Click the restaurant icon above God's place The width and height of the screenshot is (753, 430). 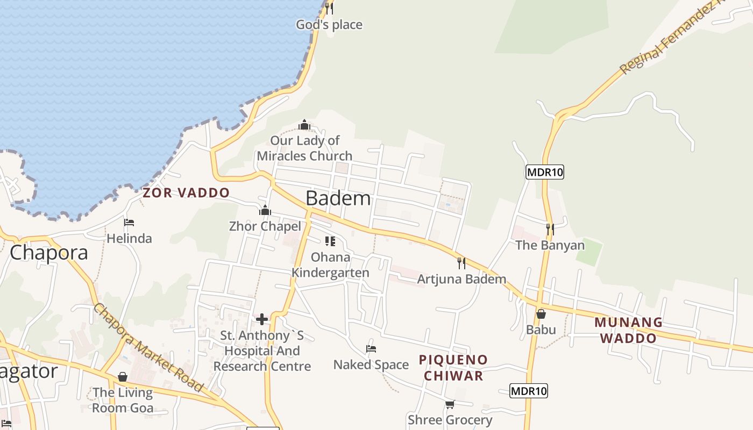(329, 8)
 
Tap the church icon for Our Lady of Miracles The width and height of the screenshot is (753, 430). (304, 125)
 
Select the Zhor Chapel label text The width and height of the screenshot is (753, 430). (265, 226)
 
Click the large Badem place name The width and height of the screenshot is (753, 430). (338, 198)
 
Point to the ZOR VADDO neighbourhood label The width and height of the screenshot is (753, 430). (186, 192)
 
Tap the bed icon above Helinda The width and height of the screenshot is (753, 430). (129, 223)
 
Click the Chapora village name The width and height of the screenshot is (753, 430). (49, 252)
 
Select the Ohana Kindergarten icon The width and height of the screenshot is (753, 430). (330, 241)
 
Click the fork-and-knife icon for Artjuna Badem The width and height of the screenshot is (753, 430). (461, 263)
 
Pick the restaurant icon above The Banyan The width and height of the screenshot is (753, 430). (550, 230)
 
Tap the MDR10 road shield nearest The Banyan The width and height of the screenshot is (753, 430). (544, 172)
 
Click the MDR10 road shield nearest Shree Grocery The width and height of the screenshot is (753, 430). (528, 391)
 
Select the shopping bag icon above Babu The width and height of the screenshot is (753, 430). (541, 314)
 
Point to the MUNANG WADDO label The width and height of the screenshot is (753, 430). (628, 330)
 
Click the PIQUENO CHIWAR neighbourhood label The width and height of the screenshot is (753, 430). (453, 368)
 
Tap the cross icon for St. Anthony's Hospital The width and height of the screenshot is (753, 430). (262, 319)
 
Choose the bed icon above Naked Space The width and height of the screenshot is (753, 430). (371, 349)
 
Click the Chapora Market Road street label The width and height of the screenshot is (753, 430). (148, 348)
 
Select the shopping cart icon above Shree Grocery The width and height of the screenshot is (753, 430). (450, 404)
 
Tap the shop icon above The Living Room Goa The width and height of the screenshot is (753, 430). (123, 377)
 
